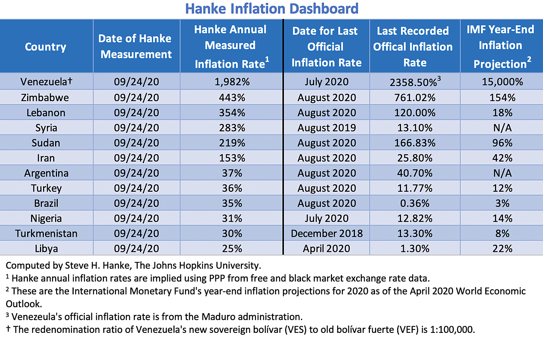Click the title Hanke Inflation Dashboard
(271, 9)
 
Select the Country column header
(46, 47)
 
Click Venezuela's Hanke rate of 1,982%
(232, 82)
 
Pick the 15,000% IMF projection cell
(502, 82)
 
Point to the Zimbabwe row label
(45, 98)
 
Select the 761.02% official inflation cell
(415, 98)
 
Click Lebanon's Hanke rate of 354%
(232, 113)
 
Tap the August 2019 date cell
(327, 128)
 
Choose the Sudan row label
(46, 143)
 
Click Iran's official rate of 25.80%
(415, 158)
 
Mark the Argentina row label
(46, 173)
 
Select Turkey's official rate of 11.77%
(415, 188)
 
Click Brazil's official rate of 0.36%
(415, 203)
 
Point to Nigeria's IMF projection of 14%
(502, 219)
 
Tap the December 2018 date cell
(327, 234)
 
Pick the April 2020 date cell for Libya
(327, 249)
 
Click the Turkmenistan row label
(46, 234)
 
